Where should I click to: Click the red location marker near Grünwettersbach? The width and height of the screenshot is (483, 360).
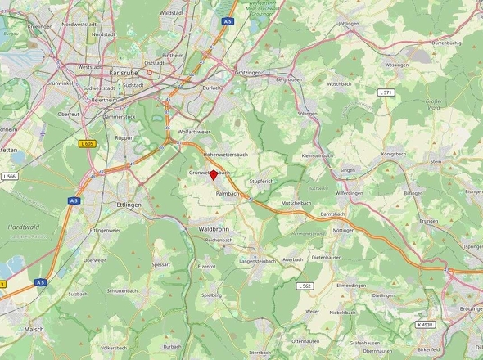click(214, 174)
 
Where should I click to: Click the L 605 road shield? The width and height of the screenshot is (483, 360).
click(87, 143)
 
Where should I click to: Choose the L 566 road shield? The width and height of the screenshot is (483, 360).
click(9, 176)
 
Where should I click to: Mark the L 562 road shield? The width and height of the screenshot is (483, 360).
click(304, 286)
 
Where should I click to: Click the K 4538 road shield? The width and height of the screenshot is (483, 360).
click(425, 324)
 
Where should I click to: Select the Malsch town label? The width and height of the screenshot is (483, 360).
click(34, 329)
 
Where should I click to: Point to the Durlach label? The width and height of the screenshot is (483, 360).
click(212, 86)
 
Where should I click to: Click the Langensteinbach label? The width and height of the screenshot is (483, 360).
click(258, 261)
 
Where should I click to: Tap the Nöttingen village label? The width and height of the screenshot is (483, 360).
click(344, 231)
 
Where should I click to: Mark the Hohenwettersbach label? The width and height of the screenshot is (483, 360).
click(225, 154)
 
